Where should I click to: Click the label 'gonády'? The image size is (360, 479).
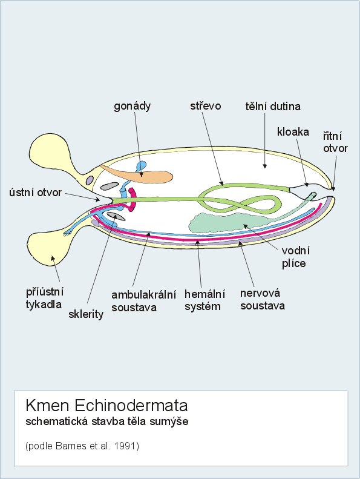[x=133, y=107]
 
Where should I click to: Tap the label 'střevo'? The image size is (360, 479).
[x=206, y=106]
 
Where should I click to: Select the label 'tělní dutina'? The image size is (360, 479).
[x=273, y=107]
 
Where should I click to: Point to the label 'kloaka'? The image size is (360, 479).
[x=293, y=131]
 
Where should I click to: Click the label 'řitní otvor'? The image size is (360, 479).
[x=335, y=142]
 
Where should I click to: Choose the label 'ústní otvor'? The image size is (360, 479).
[x=36, y=193]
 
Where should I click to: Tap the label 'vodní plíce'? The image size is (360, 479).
[x=295, y=257]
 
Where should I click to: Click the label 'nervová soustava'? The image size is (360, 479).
[x=263, y=299]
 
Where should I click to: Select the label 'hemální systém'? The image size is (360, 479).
[x=205, y=300]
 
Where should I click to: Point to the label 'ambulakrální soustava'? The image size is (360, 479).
[x=143, y=301]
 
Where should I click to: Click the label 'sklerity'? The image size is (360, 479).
[x=86, y=314]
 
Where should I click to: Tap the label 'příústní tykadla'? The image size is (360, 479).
[x=45, y=298]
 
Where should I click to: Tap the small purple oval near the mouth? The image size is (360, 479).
[x=90, y=180]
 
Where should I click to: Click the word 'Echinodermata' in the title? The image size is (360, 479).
[x=131, y=406]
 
